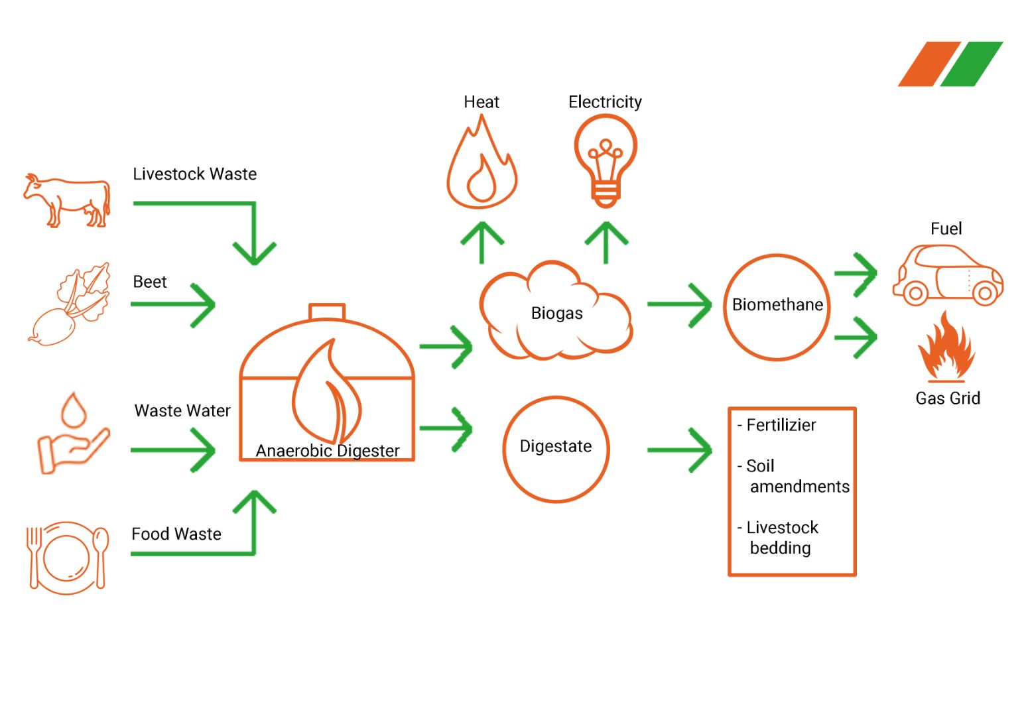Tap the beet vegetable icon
[x=70, y=304]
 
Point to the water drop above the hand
[x=74, y=409]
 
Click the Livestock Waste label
[x=194, y=174]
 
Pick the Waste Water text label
[x=182, y=410]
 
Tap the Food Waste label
[x=176, y=534]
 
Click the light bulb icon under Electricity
[x=606, y=161]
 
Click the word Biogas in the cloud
[x=556, y=314]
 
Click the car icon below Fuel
[x=948, y=275]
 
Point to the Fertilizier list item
[x=777, y=426]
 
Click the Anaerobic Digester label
[x=328, y=451]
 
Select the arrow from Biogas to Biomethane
[x=680, y=304]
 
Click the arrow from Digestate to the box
[x=680, y=450]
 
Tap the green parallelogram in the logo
[x=972, y=64]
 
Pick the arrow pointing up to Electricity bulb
[x=606, y=242]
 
